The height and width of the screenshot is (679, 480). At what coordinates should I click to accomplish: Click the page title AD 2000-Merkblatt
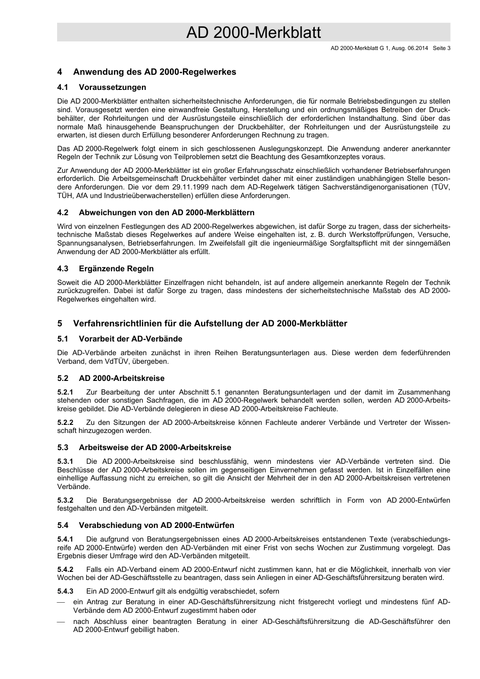[253, 33]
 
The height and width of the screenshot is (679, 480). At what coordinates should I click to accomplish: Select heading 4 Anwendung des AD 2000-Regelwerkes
[147, 72]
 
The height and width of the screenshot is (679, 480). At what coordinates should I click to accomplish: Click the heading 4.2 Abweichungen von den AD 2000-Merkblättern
[156, 213]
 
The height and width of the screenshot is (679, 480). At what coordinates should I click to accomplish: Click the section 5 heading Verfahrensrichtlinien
[202, 324]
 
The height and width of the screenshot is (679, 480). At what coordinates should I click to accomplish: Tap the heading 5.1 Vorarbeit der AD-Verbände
[120, 339]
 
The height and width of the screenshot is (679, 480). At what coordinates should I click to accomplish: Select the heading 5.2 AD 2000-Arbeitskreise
[111, 378]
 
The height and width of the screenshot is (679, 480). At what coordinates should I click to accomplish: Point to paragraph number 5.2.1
[65, 392]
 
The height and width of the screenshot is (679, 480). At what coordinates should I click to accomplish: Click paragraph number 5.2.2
[65, 422]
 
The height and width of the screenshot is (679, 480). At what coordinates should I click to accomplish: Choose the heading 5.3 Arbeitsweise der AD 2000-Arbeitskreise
[144, 448]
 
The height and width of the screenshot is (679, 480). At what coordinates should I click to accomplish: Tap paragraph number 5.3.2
[65, 500]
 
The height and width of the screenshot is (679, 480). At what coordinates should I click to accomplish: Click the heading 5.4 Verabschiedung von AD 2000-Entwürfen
[146, 525]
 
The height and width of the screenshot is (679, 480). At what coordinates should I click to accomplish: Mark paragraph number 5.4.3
[65, 591]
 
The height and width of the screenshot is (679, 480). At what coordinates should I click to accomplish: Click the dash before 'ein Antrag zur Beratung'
[61, 602]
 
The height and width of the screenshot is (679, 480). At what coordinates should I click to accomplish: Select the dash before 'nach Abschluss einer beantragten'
[61, 621]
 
